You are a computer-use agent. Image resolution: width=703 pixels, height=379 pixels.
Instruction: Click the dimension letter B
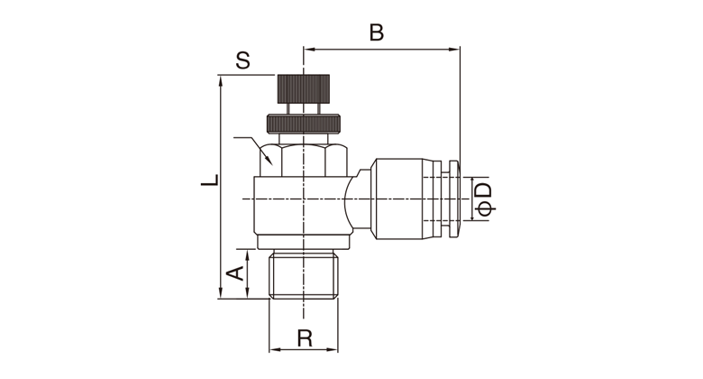pyautogui.click(x=377, y=32)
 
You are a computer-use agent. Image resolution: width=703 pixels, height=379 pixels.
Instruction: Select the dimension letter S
pyautogui.click(x=242, y=60)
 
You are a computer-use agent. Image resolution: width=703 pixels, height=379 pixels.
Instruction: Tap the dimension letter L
pyautogui.click(x=210, y=180)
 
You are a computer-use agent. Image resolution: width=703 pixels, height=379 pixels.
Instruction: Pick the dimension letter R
pyautogui.click(x=305, y=337)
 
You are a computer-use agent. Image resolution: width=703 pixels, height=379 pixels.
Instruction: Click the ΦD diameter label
pyautogui.click(x=484, y=199)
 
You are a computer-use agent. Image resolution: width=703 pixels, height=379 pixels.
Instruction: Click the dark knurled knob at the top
pyautogui.click(x=303, y=89)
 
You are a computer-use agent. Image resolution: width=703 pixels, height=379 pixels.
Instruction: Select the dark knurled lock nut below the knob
pyautogui.click(x=303, y=124)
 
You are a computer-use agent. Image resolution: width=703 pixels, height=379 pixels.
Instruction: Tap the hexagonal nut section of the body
pyautogui.click(x=303, y=160)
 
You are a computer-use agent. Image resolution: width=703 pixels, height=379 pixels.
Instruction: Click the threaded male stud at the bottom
pyautogui.click(x=303, y=276)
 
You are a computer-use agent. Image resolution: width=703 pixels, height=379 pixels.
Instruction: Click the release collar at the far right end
pyautogui.click(x=454, y=199)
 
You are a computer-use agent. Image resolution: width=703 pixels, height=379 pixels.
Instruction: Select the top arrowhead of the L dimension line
pyautogui.click(x=220, y=82)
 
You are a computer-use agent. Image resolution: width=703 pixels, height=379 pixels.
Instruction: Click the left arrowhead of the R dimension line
pyautogui.click(x=275, y=349)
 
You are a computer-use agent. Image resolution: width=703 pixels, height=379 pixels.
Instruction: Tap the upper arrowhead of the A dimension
pyautogui.click(x=247, y=255)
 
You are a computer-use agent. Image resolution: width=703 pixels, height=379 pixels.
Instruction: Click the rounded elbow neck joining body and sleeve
pyautogui.click(x=360, y=199)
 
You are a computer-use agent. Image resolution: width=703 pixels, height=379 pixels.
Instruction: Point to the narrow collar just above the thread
pyautogui.click(x=303, y=242)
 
